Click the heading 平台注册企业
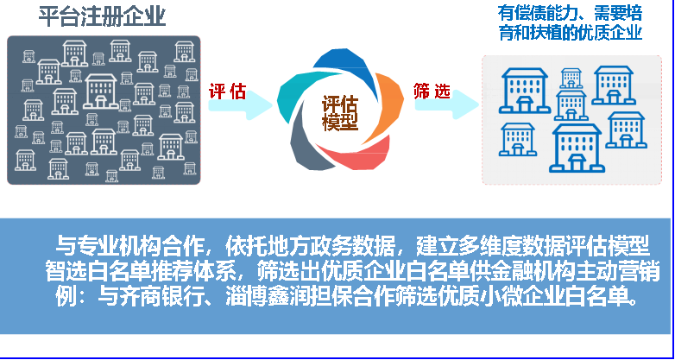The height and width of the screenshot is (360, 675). [102, 16]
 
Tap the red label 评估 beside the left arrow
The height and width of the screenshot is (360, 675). [227, 92]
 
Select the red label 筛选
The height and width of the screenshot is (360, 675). [432, 92]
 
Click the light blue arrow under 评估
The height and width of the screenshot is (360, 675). [241, 104]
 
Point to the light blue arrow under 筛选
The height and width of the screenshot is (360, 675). [447, 104]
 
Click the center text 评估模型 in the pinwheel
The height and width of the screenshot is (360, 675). [340, 114]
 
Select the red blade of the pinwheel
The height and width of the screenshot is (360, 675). [359, 155]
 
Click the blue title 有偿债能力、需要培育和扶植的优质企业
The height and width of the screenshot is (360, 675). [570, 22]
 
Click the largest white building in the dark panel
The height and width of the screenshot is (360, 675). [100, 91]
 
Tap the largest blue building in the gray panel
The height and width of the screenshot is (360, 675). [578, 148]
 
